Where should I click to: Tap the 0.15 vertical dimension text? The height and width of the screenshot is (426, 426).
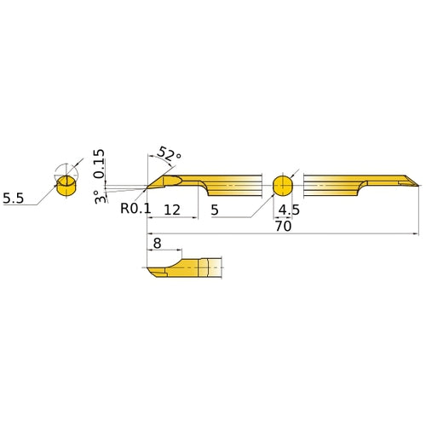pos(100,164)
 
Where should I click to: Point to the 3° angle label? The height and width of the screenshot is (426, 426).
pos(99,196)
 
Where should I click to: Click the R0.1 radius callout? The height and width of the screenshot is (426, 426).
pos(135,206)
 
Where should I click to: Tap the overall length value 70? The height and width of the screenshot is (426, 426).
pos(283,227)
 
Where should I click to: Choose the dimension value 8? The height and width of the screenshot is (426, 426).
pos(156,243)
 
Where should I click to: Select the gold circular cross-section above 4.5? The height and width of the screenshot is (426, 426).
pos(282,185)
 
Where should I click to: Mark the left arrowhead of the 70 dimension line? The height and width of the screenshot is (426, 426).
pos(150,233)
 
